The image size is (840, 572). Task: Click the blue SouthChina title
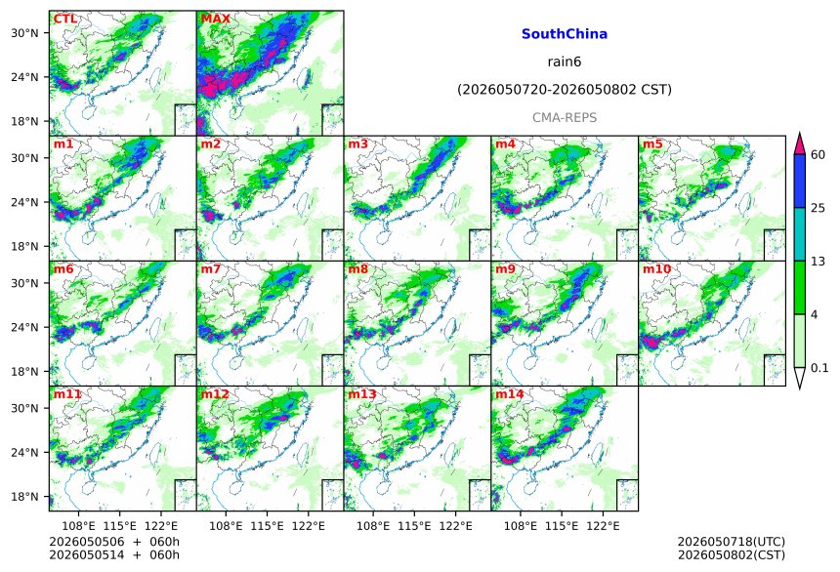[x=565, y=34]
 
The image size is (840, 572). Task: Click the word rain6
[x=565, y=61]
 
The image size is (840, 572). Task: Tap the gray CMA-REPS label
[x=565, y=117]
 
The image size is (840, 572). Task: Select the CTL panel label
[x=64, y=19]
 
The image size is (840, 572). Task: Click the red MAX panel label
[x=215, y=19]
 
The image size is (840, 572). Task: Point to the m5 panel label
[x=652, y=143]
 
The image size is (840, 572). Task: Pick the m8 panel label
[x=357, y=268]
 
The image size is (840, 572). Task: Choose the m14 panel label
[x=509, y=394]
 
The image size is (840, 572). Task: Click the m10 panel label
[x=656, y=268]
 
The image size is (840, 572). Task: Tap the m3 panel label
[x=357, y=143]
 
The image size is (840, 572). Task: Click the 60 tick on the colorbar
[x=819, y=155]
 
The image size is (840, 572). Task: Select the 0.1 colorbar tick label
[x=819, y=367]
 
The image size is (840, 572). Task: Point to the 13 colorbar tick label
[x=819, y=261]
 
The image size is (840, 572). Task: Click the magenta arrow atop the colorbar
[x=800, y=143]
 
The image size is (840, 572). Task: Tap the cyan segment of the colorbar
[x=800, y=234]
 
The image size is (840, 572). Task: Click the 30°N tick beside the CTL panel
[x=24, y=33]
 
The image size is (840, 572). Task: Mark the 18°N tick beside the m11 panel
[x=24, y=497]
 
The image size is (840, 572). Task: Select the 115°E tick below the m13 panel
[x=414, y=526]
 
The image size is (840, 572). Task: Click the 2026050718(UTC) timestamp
[x=732, y=542]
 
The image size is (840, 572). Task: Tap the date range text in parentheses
[x=565, y=90]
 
